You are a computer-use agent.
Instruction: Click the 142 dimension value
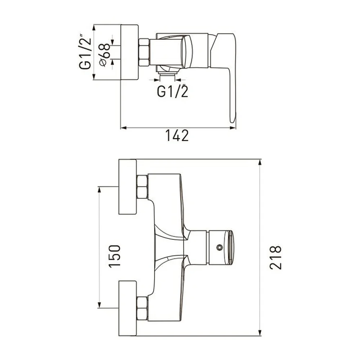(177, 135)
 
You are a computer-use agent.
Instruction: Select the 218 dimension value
(275, 257)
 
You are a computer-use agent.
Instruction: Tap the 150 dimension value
(114, 256)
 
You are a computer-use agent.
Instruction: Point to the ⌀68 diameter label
(105, 55)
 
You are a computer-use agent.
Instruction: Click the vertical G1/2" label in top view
(85, 52)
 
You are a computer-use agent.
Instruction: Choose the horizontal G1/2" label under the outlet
(173, 91)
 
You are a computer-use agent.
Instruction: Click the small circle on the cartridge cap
(220, 247)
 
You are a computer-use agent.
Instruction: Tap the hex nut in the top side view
(144, 52)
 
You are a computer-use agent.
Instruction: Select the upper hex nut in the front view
(142, 186)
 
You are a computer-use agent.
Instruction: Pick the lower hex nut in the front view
(142, 309)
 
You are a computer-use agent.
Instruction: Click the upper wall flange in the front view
(128, 186)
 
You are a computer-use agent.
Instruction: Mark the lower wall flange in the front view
(128, 309)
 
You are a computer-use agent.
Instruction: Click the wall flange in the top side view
(130, 52)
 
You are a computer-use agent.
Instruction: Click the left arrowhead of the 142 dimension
(124, 128)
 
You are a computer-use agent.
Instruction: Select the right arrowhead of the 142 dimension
(233, 128)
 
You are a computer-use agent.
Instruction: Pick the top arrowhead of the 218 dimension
(260, 163)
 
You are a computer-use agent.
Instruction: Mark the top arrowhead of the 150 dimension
(99, 190)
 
